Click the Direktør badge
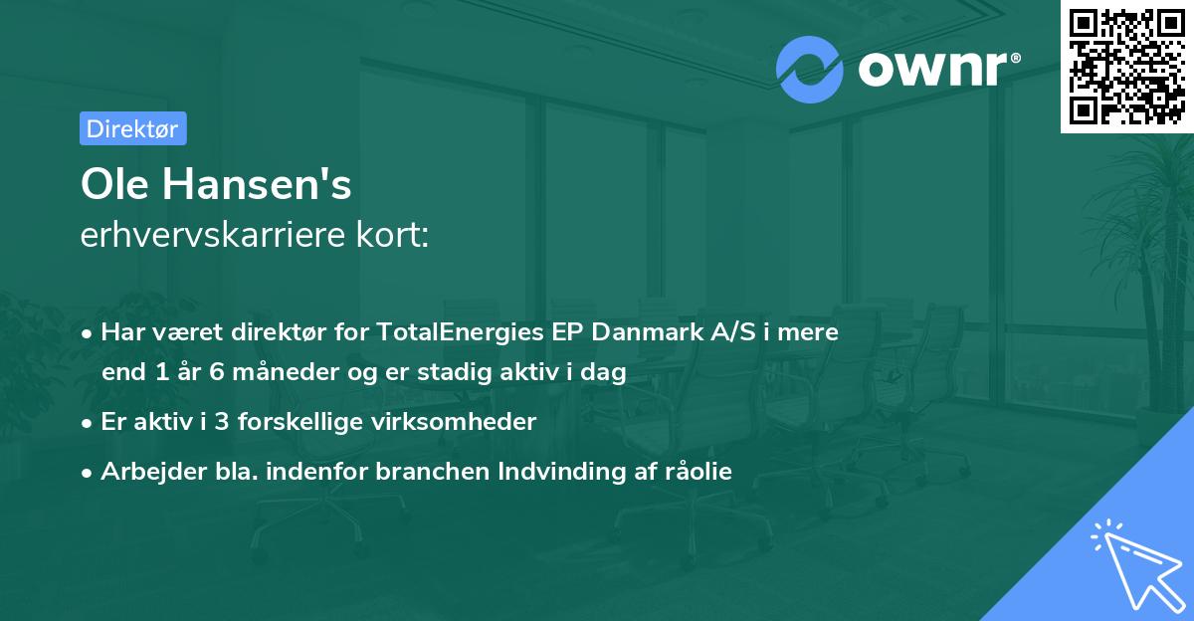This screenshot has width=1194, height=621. click(x=132, y=128)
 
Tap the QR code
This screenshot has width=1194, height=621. click(x=1126, y=66)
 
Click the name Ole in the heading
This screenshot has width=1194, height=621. click(x=112, y=185)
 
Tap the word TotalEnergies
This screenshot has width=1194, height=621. click(x=451, y=332)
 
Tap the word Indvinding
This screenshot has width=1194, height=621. click(x=557, y=472)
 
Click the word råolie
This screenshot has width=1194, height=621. click(x=698, y=472)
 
